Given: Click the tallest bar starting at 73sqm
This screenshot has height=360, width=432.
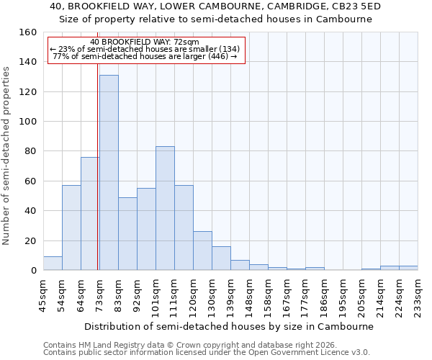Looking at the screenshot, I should pos(109,173).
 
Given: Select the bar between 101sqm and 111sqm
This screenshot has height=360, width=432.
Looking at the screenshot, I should pos(165,209).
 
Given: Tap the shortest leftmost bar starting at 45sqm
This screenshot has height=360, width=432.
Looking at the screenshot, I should pos(53,264).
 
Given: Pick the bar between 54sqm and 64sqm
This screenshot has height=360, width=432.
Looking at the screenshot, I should pos(71,228).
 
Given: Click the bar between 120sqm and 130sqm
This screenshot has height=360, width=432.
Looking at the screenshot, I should pos(202,251).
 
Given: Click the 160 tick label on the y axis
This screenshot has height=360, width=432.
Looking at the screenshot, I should pos(28,32).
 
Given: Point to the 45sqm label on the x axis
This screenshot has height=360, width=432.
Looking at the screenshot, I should pos(44,295).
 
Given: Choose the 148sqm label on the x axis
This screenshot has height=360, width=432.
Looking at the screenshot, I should pos(250,295).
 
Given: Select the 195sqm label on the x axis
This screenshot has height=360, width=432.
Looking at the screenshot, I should pos(343,295).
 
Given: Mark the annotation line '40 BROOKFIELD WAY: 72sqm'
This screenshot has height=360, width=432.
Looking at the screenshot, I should pos(145,42).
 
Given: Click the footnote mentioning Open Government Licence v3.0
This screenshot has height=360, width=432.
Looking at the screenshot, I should pos(207,352).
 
